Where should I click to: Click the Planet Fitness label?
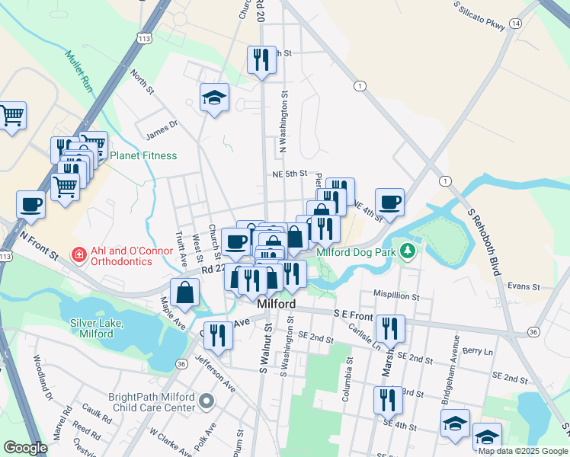[x=143, y=155]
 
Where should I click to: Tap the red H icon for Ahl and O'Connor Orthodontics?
[x=78, y=254]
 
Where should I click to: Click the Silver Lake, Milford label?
[x=96, y=328]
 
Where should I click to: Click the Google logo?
[x=25, y=448]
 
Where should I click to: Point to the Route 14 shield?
[x=516, y=24]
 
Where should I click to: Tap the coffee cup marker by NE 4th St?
[x=389, y=203]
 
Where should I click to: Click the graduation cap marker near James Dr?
[x=215, y=97]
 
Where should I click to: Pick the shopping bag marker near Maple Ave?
[x=185, y=292]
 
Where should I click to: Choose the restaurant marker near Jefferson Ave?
[x=219, y=335]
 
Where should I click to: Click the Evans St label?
[x=524, y=287]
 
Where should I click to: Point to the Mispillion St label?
[x=395, y=295]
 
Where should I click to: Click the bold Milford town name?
[x=276, y=303]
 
